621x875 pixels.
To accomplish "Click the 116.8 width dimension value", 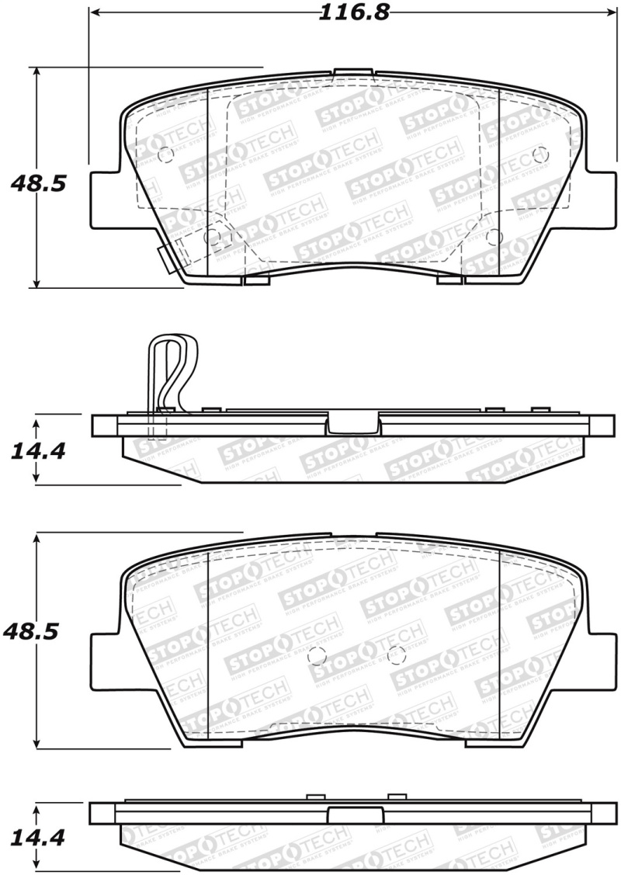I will [354, 12].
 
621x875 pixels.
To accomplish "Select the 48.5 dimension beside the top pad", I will [37, 185].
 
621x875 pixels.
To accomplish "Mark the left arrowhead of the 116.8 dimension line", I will [95, 13].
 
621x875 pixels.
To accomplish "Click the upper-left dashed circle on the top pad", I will [165, 155].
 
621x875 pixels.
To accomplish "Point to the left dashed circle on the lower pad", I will [316, 656].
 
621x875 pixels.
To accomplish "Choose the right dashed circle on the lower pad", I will [396, 654].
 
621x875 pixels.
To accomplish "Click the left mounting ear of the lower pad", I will [106, 660].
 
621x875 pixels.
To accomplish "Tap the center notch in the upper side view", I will [354, 425].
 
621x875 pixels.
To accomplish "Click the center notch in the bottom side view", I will [354, 814].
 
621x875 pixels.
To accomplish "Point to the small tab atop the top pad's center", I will [354, 73].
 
